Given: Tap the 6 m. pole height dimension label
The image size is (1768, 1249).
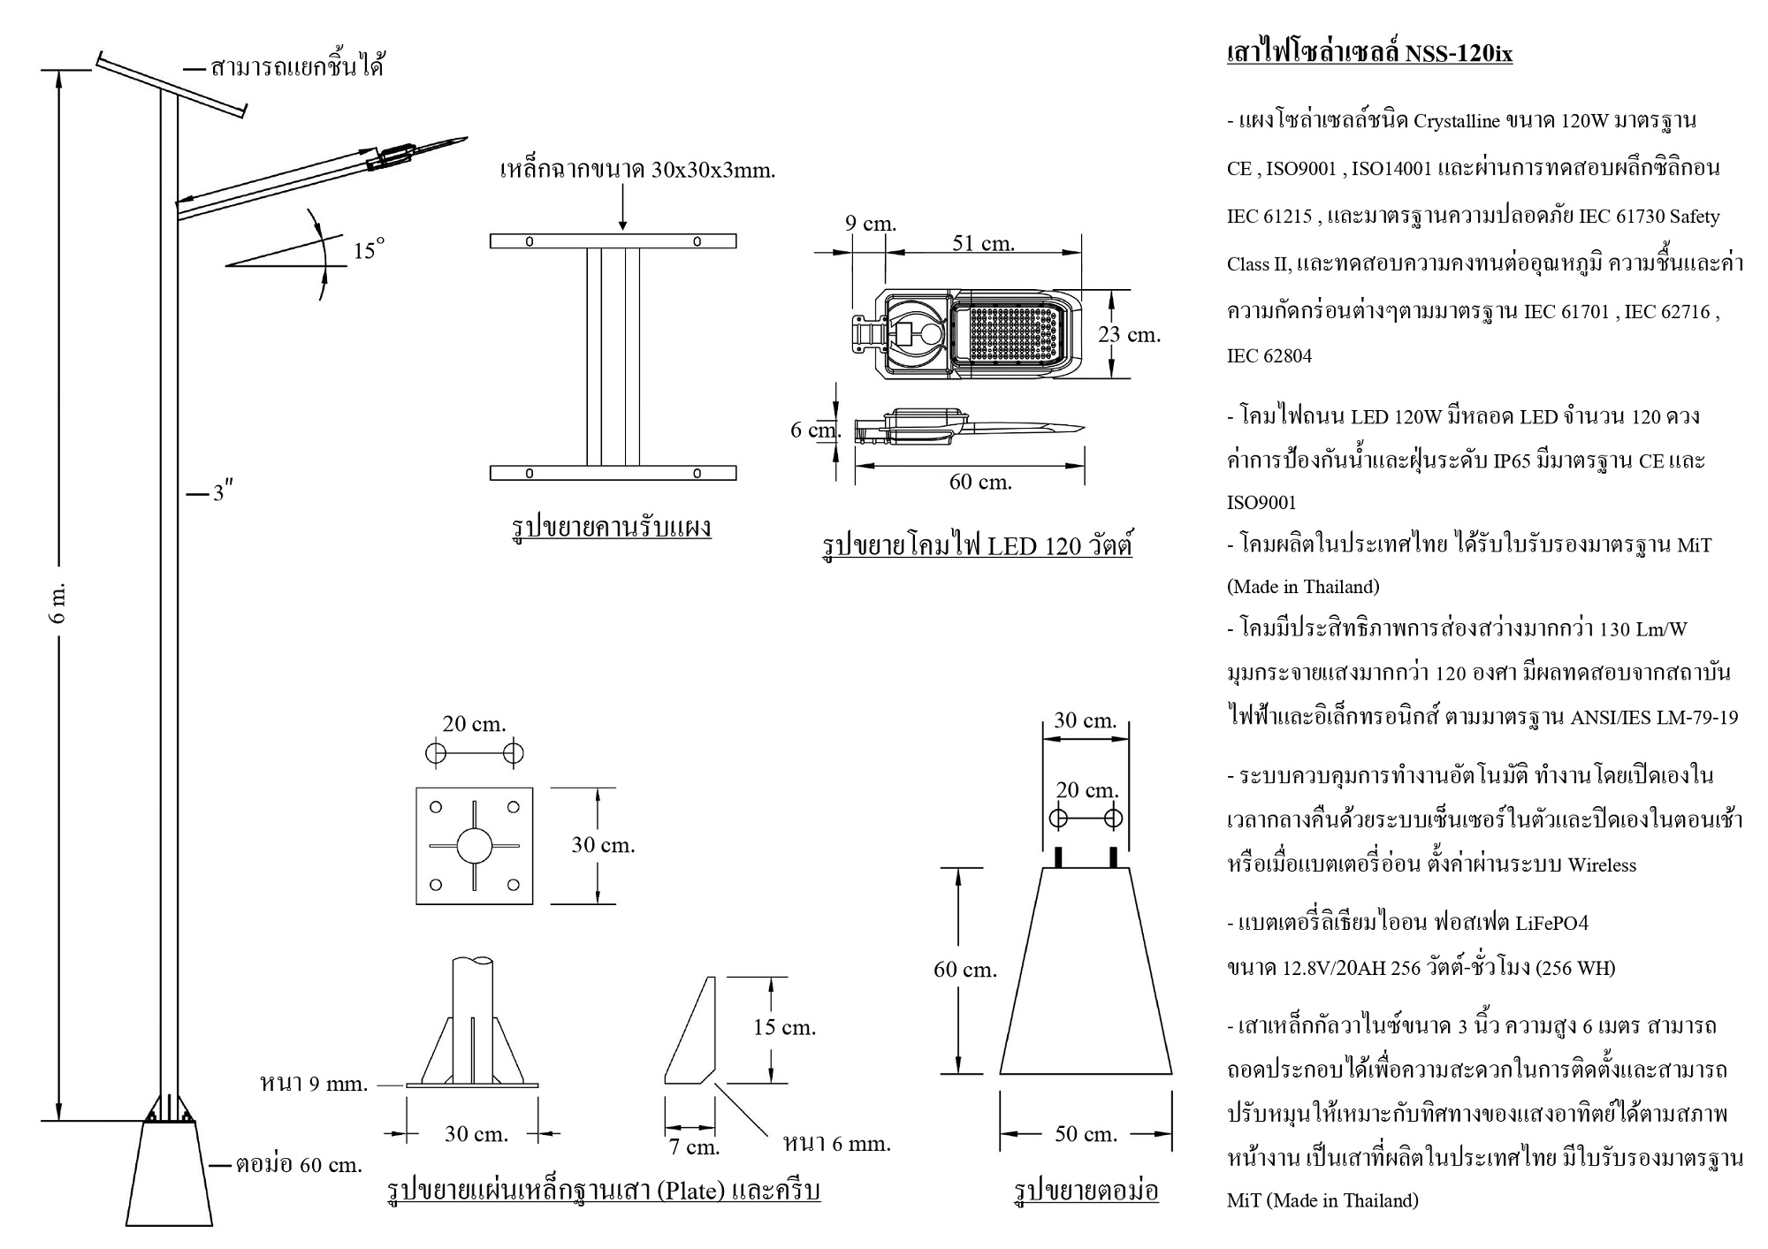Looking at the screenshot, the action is click(59, 603).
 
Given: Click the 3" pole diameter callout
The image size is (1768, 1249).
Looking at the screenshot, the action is click(223, 491).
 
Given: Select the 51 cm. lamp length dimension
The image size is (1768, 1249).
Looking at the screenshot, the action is click(983, 242).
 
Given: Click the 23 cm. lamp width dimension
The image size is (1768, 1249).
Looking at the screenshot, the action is click(1129, 334).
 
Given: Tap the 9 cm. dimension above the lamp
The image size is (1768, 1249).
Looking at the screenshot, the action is click(871, 224).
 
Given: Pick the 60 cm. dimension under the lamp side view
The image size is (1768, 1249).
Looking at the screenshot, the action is click(980, 482).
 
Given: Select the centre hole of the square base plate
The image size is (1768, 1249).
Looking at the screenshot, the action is click(475, 846).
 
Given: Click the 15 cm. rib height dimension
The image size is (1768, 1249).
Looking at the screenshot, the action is click(784, 1027).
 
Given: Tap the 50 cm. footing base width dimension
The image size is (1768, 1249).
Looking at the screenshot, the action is click(1086, 1133).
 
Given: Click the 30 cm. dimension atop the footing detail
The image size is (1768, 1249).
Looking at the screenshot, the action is click(1086, 720).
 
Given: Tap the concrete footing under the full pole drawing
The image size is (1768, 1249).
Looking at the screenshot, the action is click(169, 1174).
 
